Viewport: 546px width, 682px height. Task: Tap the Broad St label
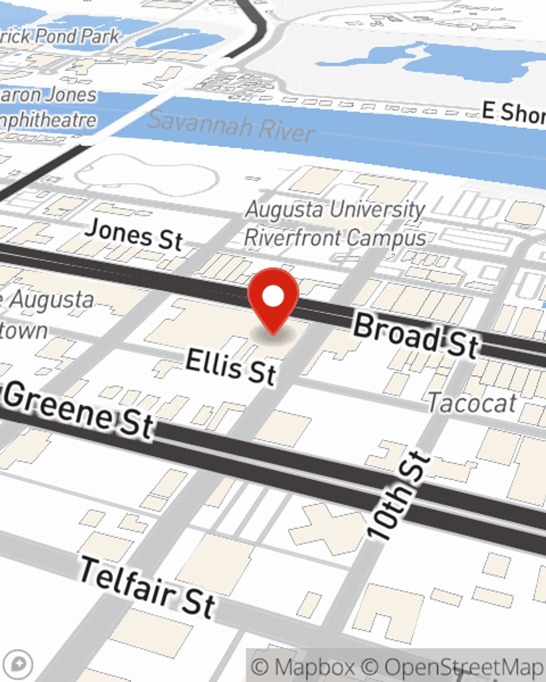(416, 336)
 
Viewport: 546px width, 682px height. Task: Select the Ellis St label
(231, 367)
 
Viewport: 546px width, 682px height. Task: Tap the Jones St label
(134, 234)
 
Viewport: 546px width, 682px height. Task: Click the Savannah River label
(232, 126)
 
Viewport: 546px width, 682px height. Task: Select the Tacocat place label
(472, 404)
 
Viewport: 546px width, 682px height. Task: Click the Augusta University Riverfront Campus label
(335, 224)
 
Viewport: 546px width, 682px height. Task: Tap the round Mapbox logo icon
(17, 665)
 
